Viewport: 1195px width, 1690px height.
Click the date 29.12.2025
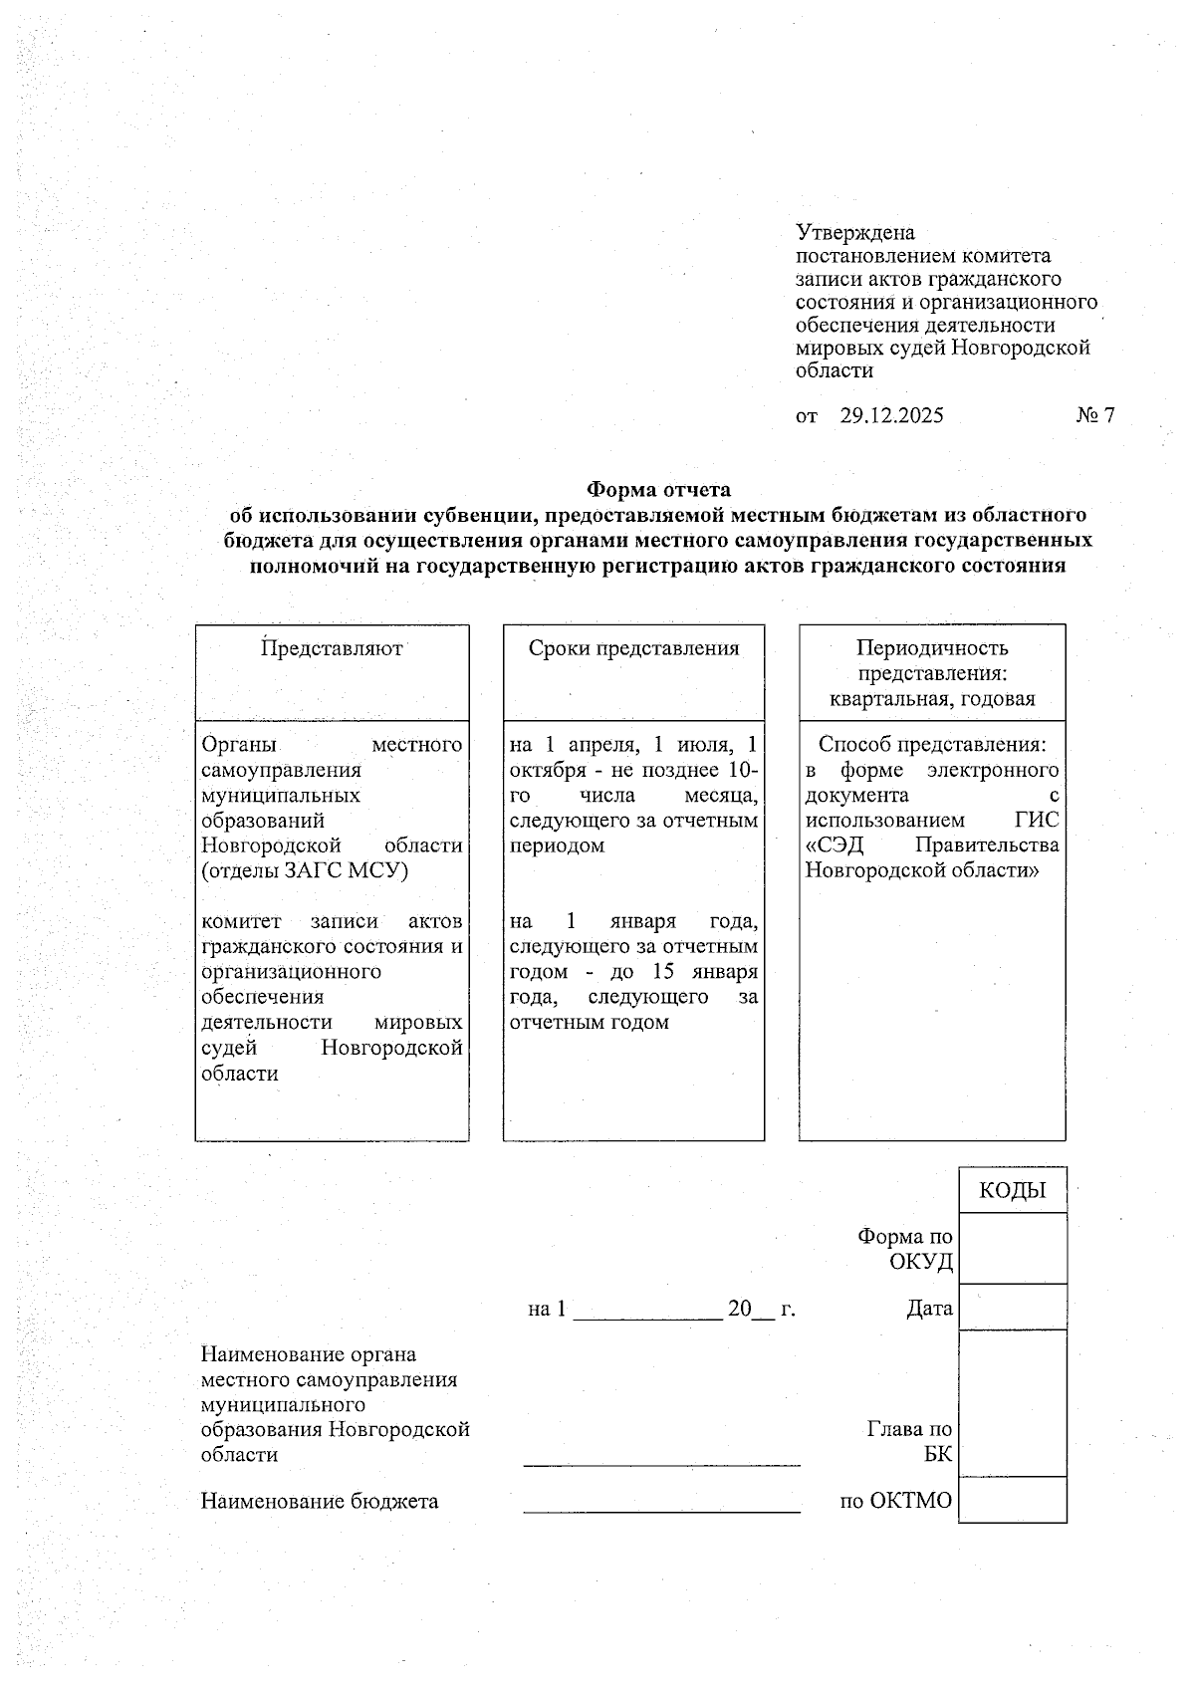891,416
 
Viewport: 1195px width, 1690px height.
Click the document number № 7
1094,416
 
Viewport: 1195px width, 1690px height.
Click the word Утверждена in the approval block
854,233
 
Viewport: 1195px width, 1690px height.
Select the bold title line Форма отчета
657,490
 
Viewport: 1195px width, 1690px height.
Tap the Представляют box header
332,648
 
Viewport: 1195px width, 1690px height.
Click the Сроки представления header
633,648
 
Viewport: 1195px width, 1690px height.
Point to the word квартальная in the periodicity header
889,699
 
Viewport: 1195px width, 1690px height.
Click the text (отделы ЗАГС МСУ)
306,870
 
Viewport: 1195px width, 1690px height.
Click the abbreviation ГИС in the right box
1037,821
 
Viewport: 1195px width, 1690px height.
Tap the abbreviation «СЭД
834,845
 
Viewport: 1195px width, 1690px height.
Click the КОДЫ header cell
1012,1191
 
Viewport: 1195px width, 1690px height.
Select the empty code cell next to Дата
1012,1307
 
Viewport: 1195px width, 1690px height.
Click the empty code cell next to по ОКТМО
1012,1499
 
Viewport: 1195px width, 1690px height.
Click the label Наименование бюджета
320,1501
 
